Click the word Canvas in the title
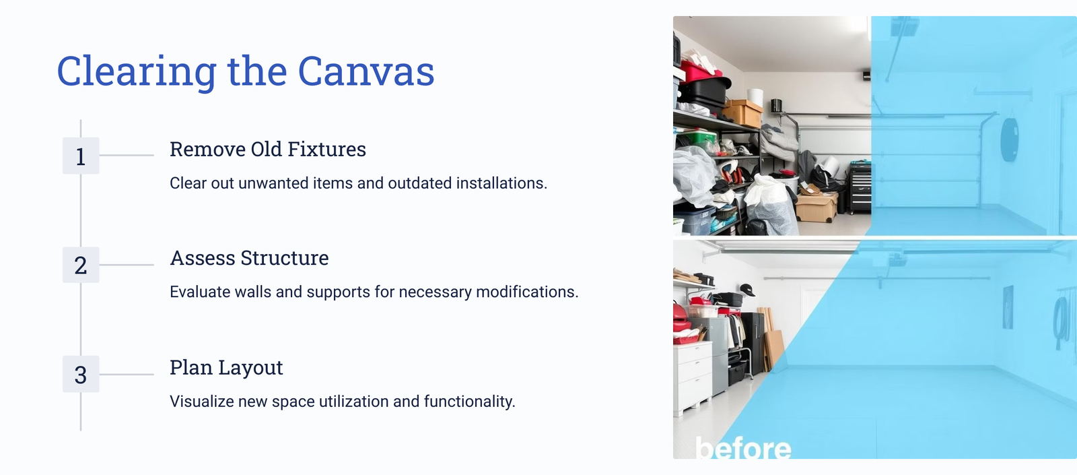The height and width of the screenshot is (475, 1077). pyautogui.click(x=366, y=71)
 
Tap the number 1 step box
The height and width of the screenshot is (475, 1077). pyautogui.click(x=81, y=156)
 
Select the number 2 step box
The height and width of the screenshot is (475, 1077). pyautogui.click(x=81, y=265)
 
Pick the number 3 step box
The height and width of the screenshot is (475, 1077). pyautogui.click(x=81, y=374)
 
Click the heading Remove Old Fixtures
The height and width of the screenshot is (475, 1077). pyautogui.click(x=268, y=149)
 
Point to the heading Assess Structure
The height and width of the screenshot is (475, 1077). pyautogui.click(x=249, y=258)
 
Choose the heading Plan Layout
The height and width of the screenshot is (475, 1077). pyautogui.click(x=226, y=368)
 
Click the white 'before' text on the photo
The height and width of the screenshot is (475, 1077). pyautogui.click(x=743, y=448)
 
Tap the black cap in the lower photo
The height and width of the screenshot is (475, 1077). pyautogui.click(x=746, y=290)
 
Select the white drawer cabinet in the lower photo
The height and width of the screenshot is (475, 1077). pyautogui.click(x=693, y=379)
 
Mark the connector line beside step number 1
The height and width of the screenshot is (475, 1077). pyautogui.click(x=127, y=156)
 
